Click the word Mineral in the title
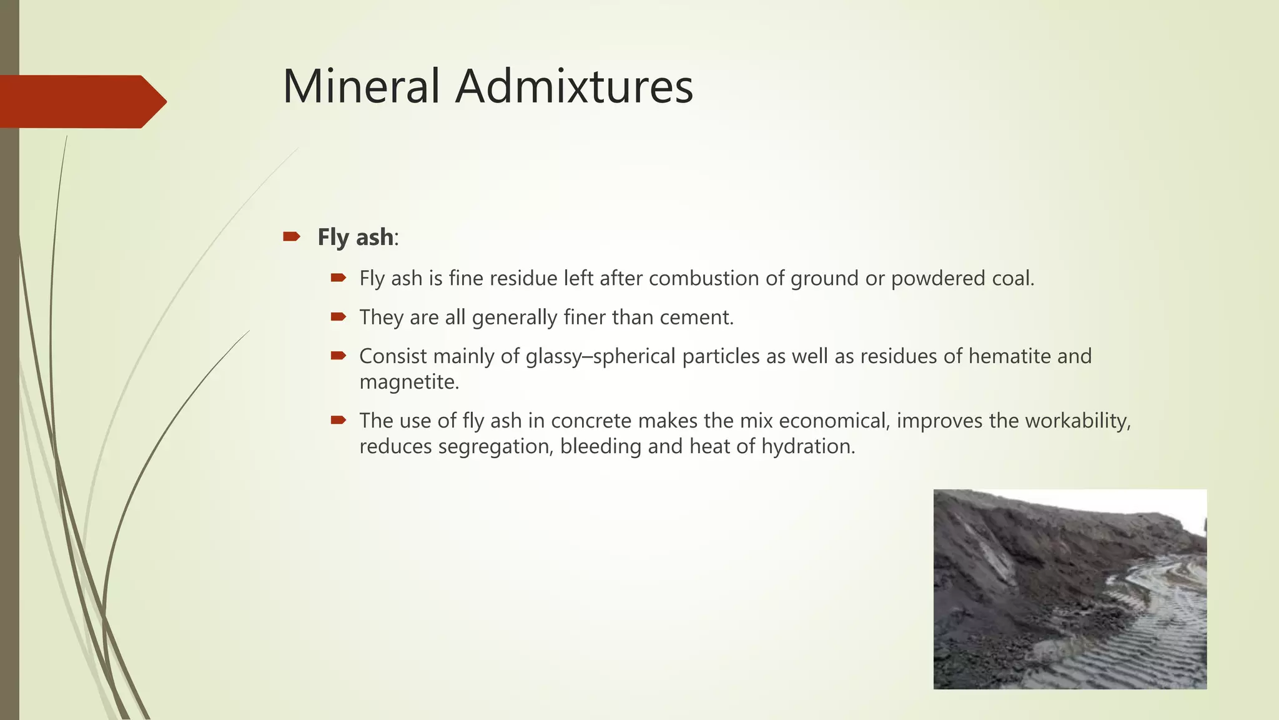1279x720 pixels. [362, 86]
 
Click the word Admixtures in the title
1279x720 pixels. [574, 86]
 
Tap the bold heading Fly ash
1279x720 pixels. [355, 237]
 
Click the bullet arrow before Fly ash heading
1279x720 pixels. [291, 236]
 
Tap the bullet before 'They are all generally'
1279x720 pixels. [338, 317]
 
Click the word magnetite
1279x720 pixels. [409, 382]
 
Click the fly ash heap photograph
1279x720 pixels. [1070, 589]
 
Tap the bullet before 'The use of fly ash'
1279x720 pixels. [338, 420]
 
